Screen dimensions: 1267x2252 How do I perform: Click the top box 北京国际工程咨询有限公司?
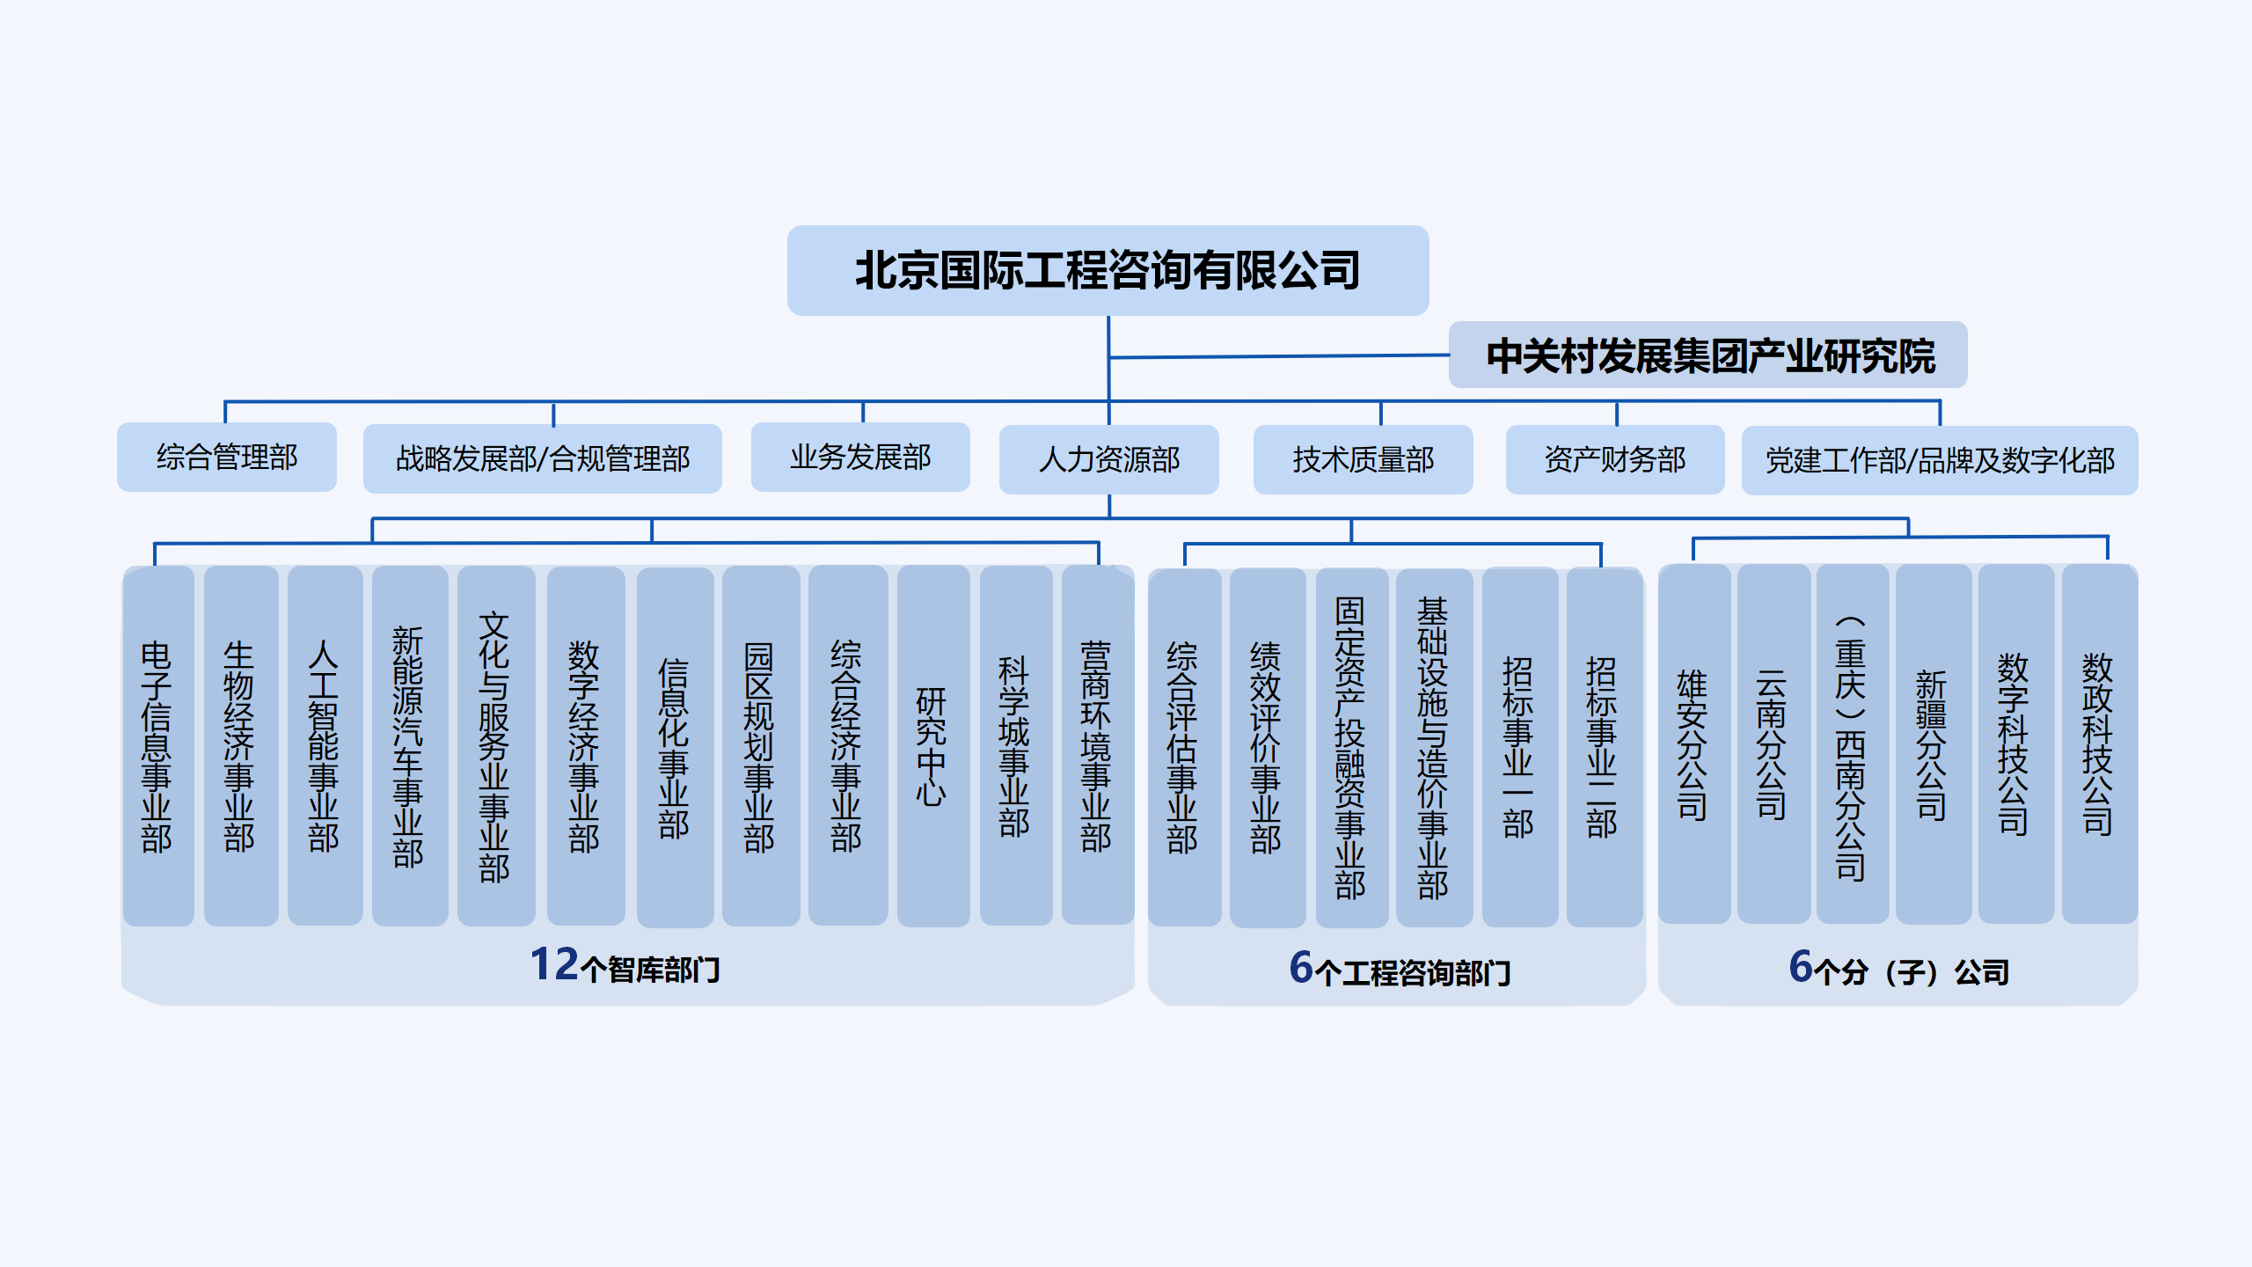[x=1108, y=270]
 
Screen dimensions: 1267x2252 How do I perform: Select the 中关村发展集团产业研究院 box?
[x=1707, y=355]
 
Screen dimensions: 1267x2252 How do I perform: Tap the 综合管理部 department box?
[x=227, y=457]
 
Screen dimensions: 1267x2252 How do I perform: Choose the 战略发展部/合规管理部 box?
[x=542, y=458]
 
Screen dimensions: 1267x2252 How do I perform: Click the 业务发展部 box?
[x=860, y=457]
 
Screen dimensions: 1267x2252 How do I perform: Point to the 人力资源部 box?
[x=1108, y=459]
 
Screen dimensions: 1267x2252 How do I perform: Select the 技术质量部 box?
[x=1363, y=459]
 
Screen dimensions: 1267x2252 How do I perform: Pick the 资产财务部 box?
[x=1615, y=459]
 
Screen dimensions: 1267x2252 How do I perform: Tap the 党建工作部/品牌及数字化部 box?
[x=1940, y=460]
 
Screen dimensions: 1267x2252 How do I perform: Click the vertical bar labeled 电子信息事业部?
[x=157, y=746]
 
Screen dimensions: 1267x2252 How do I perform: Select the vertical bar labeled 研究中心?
[x=932, y=746]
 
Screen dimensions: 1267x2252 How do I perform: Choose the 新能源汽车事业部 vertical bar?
[x=409, y=746]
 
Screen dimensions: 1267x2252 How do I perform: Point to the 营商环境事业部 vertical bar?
[x=1097, y=746]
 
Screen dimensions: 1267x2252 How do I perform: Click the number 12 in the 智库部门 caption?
[x=554, y=964]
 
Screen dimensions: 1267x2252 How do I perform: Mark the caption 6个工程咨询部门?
[x=1400, y=970]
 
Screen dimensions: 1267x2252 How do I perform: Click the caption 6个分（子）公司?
[x=1898, y=970]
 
